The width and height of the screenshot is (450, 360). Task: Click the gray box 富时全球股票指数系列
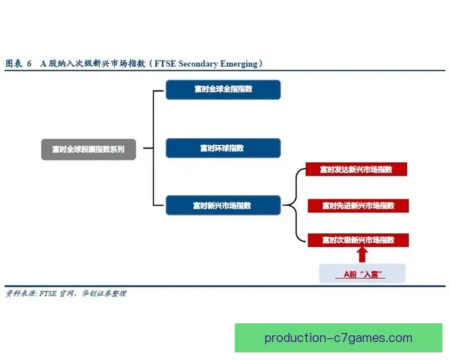[x=88, y=149]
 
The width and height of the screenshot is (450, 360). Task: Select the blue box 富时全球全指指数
[x=223, y=90]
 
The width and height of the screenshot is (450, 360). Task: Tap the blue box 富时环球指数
[x=223, y=148]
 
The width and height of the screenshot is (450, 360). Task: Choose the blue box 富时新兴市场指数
[x=223, y=205]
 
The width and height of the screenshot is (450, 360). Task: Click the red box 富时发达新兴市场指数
[x=357, y=170]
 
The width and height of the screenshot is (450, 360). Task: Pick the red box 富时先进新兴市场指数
[x=357, y=205]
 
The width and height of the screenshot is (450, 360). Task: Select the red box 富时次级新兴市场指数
[x=357, y=240]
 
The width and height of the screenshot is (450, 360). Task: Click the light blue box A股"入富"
[x=363, y=274]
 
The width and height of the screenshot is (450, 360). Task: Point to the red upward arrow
[x=363, y=254]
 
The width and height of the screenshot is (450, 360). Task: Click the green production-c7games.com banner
[x=338, y=337]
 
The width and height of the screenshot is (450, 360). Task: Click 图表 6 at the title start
[x=18, y=64]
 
